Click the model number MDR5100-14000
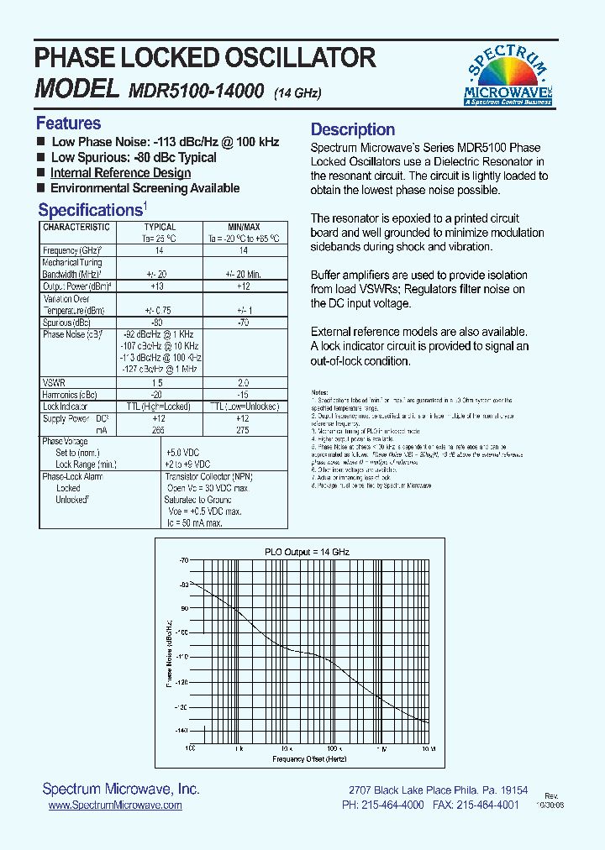tap(197, 91)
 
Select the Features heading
tap(68, 123)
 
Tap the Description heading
tap(352, 129)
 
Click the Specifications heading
tap(90, 210)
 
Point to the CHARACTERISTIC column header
tap(76, 227)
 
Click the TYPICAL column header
tap(160, 227)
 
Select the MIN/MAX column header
tap(244, 227)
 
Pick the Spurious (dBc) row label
tap(66, 323)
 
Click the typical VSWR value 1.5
tap(156, 382)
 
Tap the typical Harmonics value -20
tap(156, 394)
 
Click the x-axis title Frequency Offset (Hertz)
tap(309, 759)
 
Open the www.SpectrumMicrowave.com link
tap(115, 805)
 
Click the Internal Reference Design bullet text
tap(120, 173)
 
